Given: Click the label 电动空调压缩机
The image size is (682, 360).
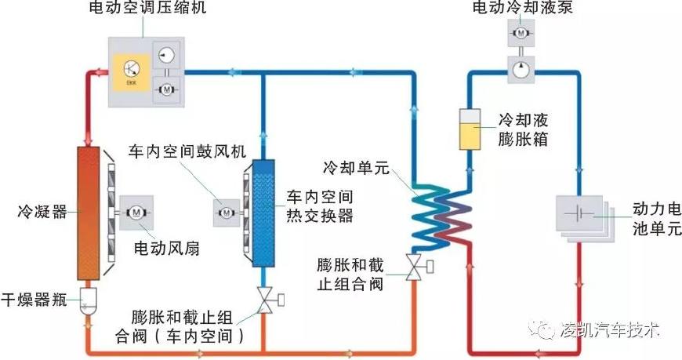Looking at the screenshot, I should (143, 11).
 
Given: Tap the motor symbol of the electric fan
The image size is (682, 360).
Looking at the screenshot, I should (136, 212).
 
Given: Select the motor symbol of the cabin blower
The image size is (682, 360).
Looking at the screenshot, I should (226, 211).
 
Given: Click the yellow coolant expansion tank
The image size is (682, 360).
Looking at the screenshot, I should (470, 125).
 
